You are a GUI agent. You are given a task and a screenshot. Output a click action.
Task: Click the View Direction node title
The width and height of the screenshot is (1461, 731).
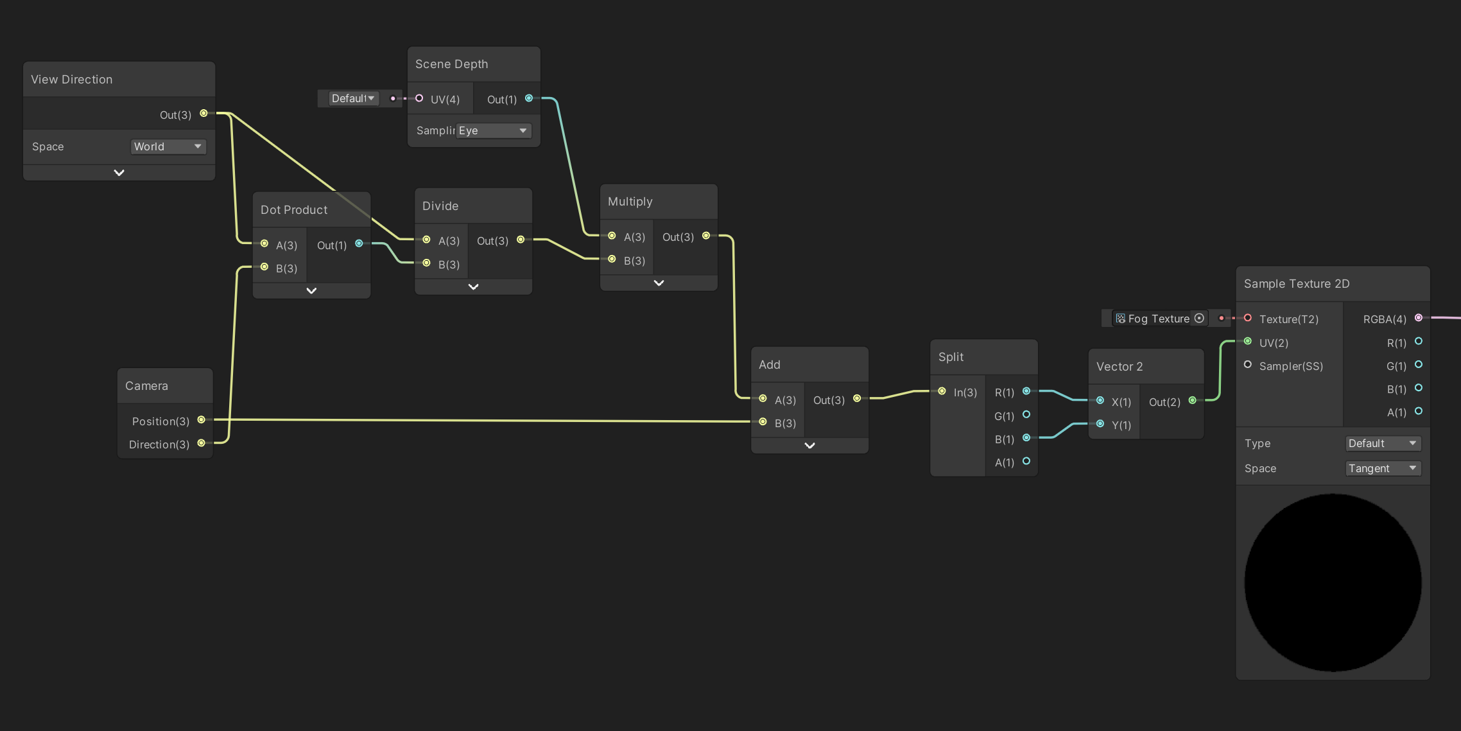pos(72,80)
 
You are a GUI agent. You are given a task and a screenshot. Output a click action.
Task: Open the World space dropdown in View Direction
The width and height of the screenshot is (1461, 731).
pos(168,146)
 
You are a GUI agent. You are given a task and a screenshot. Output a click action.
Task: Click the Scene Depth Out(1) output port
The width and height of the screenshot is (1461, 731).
pos(529,98)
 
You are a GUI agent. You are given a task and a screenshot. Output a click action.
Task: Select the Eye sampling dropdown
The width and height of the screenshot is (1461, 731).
pos(493,130)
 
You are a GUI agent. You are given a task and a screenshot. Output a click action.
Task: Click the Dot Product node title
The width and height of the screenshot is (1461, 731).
pos(294,210)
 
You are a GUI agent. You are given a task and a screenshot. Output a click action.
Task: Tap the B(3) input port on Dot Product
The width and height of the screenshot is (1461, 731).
pos(264,267)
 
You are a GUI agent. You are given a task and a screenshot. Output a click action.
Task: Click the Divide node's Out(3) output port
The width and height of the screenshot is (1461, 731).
pos(521,240)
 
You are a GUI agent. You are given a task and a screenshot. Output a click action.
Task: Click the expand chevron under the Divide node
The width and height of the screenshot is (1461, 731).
pos(473,287)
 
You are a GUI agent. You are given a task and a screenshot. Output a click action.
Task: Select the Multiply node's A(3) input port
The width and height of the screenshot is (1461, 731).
pos(612,236)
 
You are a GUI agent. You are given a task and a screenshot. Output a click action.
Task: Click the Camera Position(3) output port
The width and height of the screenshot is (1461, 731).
pos(201,419)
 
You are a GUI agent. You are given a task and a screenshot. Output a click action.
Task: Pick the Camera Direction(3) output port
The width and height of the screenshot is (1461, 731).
pos(201,443)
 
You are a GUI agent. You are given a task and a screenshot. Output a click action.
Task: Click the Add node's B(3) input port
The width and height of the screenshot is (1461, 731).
pos(763,421)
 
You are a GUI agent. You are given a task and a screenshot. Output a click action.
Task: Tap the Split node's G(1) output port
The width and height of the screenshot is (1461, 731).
pos(1026,414)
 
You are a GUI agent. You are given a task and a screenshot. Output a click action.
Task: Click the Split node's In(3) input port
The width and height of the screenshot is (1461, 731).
pos(942,391)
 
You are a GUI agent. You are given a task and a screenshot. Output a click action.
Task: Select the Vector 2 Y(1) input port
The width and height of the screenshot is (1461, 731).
pos(1100,423)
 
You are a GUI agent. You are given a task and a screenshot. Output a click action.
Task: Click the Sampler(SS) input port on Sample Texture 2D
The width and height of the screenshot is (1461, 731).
pos(1248,364)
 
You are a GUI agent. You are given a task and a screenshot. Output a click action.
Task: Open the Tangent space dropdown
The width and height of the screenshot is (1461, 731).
pos(1383,468)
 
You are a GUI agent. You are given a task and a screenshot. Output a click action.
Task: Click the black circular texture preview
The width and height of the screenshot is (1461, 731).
pos(1333,583)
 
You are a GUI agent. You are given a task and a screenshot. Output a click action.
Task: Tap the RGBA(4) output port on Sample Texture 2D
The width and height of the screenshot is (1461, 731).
pos(1419,317)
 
